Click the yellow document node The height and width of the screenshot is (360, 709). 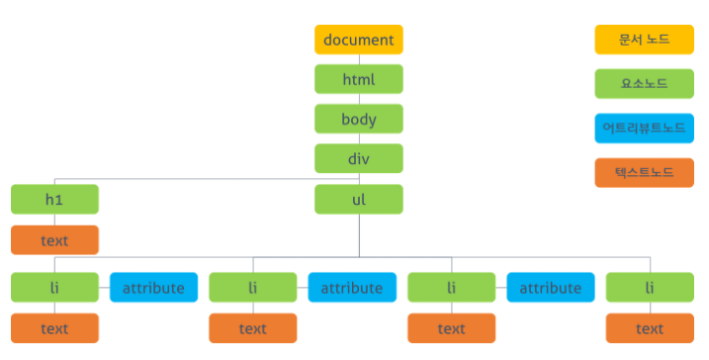tap(359, 40)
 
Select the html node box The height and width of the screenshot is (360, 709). tap(359, 79)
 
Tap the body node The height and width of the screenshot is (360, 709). tap(359, 119)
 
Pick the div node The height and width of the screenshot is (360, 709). tap(359, 158)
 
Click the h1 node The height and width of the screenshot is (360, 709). tap(54, 199)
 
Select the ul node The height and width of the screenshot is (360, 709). tap(359, 199)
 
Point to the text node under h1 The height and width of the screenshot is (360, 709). tap(54, 239)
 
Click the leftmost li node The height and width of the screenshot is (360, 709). tap(54, 288)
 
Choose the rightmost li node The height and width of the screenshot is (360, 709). tap(650, 288)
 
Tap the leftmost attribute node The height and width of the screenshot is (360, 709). tap(153, 288)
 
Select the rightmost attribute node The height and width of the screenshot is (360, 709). tap(551, 288)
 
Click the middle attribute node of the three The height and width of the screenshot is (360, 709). tap(352, 288)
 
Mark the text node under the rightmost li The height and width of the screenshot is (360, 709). tap(650, 328)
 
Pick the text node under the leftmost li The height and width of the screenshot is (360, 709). tap(54, 328)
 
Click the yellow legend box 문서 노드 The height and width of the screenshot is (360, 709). tap(644, 40)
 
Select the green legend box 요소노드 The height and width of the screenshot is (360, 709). tap(644, 83)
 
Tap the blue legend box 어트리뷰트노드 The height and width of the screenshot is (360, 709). tap(644, 128)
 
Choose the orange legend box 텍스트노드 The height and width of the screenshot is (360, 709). tap(644, 172)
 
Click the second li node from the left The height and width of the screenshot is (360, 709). tap(253, 288)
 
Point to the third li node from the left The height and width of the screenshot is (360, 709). tap(451, 288)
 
